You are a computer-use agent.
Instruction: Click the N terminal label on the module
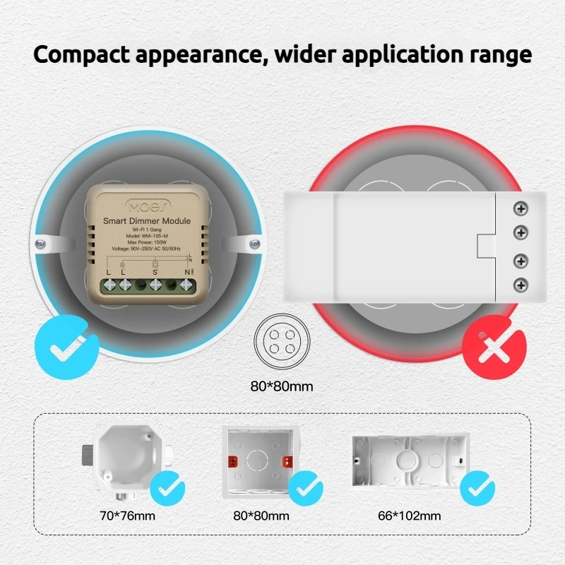[187, 273]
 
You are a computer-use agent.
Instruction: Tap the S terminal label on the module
[155, 273]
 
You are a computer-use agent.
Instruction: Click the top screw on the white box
[521, 209]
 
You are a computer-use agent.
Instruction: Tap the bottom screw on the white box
[521, 285]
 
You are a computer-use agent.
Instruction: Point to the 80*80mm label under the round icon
[282, 386]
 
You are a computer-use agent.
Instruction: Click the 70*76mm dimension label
[127, 516]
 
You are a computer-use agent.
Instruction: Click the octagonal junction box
[127, 459]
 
